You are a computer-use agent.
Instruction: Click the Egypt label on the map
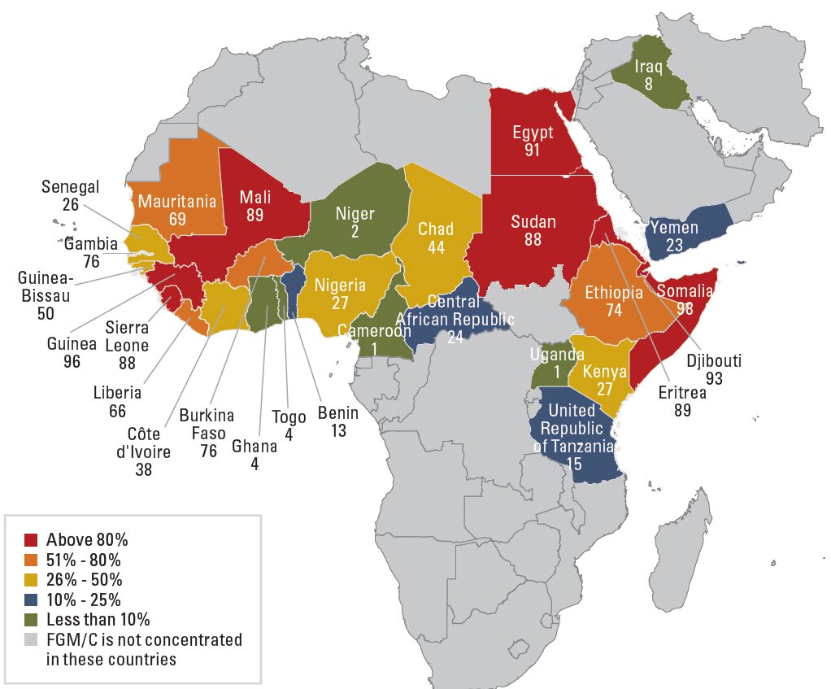coord(533,133)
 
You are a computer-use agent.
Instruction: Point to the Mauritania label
coord(176,201)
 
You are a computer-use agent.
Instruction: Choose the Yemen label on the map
coord(674,228)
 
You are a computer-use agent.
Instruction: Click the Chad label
coord(436,229)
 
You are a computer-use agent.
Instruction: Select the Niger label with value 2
coord(355,215)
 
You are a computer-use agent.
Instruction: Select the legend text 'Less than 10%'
coord(98,620)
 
